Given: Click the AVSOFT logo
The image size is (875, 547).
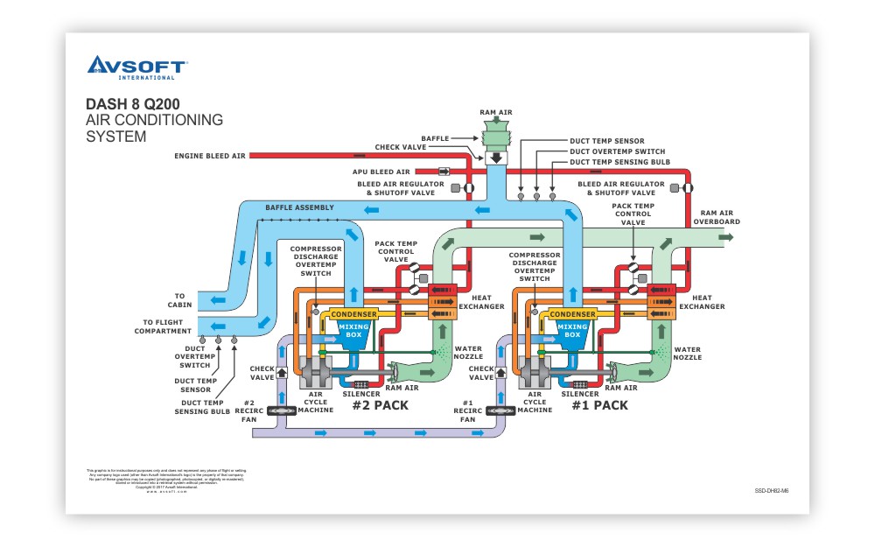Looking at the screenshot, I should click(136, 67).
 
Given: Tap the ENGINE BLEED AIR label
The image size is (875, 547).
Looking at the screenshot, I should click(210, 156).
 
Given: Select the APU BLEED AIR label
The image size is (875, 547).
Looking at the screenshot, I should click(383, 172).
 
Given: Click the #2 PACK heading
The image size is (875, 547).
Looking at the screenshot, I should click(380, 405).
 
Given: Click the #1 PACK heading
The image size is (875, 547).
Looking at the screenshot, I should click(599, 405).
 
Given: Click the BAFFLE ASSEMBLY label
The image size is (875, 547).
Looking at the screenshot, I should click(299, 207).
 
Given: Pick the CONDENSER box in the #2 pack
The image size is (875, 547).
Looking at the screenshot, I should click(353, 315).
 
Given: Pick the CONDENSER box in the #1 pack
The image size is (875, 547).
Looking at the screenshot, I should click(572, 315).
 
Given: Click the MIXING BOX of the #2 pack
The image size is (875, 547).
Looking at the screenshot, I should click(353, 331).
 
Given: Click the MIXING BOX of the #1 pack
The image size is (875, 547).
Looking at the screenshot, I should click(572, 331).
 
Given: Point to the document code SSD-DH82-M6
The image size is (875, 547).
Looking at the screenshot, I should click(771, 491).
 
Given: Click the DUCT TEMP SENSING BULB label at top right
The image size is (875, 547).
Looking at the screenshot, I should click(618, 162).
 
